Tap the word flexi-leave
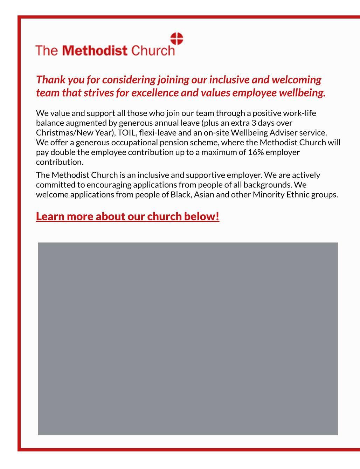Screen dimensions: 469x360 pyautogui.click(x=158, y=133)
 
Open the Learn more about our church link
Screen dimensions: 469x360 pyautogui.click(x=127, y=216)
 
